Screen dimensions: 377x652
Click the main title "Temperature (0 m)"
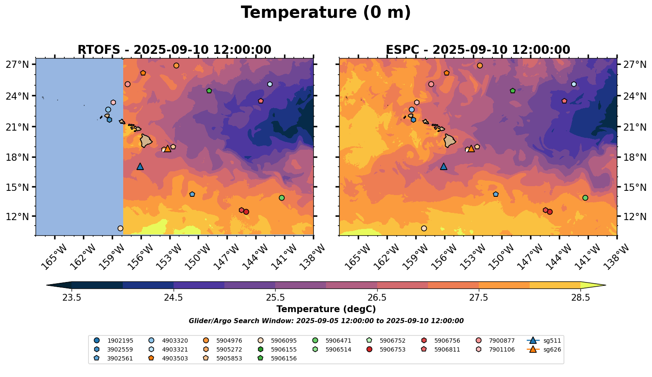(x=326, y=13)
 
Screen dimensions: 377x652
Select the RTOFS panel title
(x=174, y=50)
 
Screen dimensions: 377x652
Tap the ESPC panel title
(x=478, y=50)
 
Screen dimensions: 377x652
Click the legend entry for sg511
(x=544, y=341)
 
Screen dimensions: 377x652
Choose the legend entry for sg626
(x=544, y=349)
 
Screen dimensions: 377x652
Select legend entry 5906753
(x=386, y=349)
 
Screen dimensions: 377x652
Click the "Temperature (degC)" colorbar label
(x=326, y=309)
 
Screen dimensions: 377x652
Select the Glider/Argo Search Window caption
(x=326, y=321)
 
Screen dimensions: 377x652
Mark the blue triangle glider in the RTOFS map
(x=140, y=166)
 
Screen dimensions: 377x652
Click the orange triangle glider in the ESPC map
(x=471, y=148)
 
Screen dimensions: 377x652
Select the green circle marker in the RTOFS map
(x=282, y=198)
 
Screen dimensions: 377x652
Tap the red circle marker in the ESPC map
(x=550, y=212)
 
